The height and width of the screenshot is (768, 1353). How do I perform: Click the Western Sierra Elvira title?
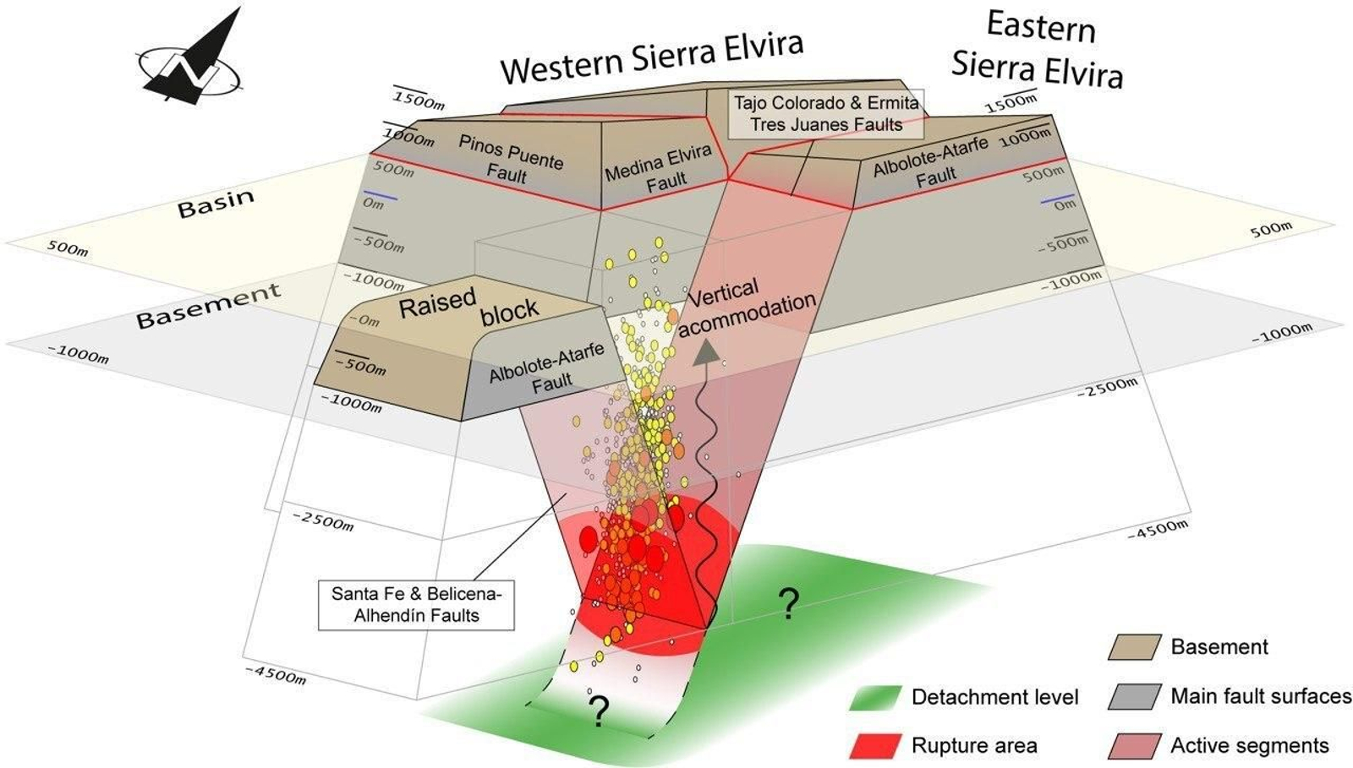pyautogui.click(x=650, y=57)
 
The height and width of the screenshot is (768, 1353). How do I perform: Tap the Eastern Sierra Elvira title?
pyautogui.click(x=1038, y=50)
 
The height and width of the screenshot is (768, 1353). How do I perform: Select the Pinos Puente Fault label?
pyautogui.click(x=509, y=158)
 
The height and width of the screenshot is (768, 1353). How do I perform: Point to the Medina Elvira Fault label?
pyautogui.click(x=659, y=168)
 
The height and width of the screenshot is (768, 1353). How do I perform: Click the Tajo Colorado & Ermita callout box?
pyautogui.click(x=825, y=114)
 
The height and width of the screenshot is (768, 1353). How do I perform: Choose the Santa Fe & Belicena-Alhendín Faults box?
pyautogui.click(x=416, y=605)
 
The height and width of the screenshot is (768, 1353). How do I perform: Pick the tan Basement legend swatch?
pyautogui.click(x=1133, y=647)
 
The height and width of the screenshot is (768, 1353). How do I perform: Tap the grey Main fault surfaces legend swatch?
pyautogui.click(x=1133, y=696)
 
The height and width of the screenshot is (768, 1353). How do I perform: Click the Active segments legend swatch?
pyautogui.click(x=1133, y=746)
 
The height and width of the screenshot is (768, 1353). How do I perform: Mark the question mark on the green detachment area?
pyautogui.click(x=788, y=604)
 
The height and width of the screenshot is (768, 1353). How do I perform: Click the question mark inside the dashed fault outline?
pyautogui.click(x=599, y=712)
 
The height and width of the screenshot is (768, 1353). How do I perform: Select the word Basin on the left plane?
pyautogui.click(x=216, y=204)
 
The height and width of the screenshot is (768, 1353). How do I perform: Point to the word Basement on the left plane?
pyautogui.click(x=208, y=307)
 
